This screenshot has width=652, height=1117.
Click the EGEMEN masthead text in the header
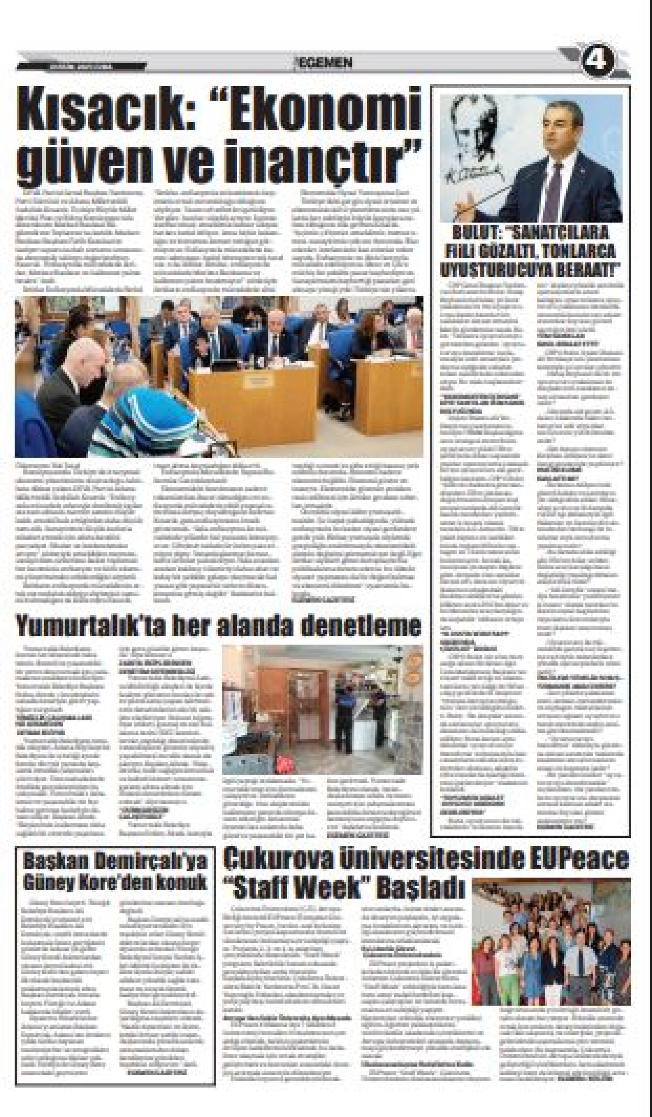[x=325, y=64]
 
